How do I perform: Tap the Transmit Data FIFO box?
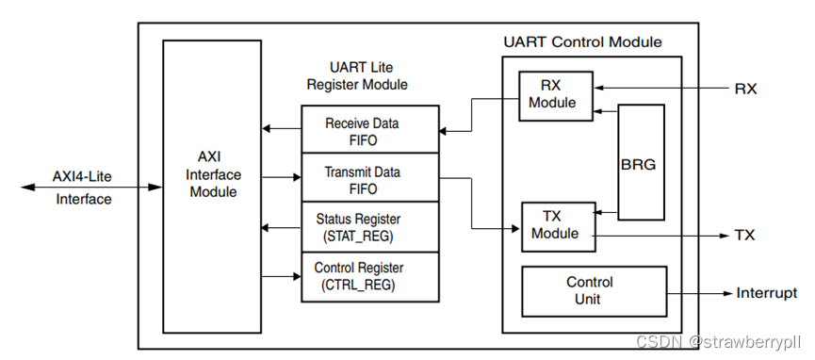369,180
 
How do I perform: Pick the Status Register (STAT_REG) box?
369,227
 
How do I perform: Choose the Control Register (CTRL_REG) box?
369,276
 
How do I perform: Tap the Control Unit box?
589,290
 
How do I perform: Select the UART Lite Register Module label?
357,76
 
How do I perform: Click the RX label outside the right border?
745,90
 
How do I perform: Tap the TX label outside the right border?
744,236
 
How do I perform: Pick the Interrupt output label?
766,293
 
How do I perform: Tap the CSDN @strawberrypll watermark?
719,341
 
